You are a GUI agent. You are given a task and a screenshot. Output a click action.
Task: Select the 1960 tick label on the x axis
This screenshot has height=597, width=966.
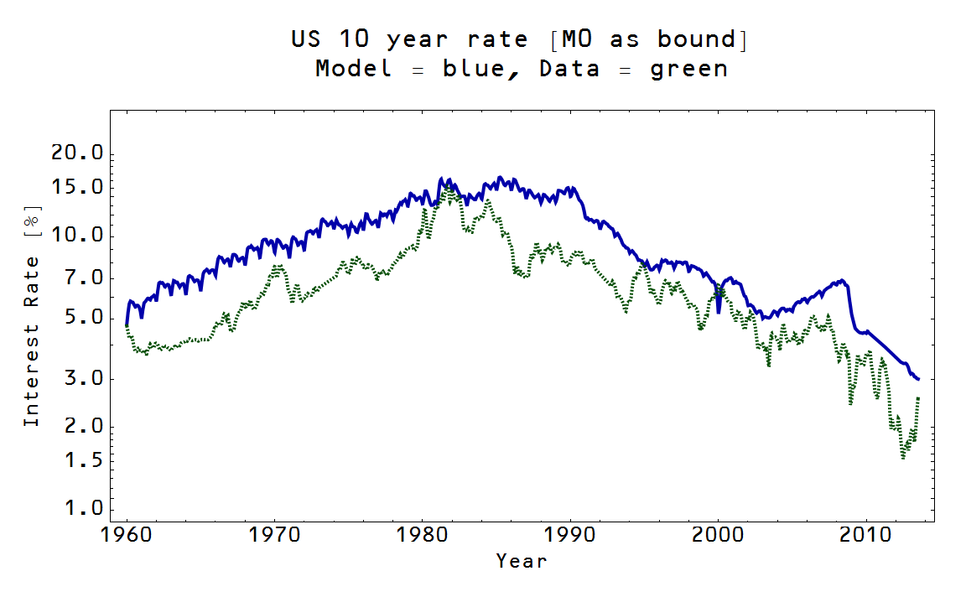coord(127,535)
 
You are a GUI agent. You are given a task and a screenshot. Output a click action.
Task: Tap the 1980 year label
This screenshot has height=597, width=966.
coord(423,535)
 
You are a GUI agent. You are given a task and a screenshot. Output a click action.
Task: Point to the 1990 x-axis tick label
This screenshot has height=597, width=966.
coord(571,535)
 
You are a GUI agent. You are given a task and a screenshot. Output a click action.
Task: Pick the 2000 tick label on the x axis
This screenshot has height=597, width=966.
coord(719,535)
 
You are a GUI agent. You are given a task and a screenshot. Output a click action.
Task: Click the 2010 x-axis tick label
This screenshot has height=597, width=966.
coord(866,535)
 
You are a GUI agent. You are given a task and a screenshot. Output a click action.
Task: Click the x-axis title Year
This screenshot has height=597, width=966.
coord(521,561)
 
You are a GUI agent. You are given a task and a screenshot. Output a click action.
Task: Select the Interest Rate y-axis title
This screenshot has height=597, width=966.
coord(31,315)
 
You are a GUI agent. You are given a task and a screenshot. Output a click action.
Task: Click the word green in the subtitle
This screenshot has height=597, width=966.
coord(689,69)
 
